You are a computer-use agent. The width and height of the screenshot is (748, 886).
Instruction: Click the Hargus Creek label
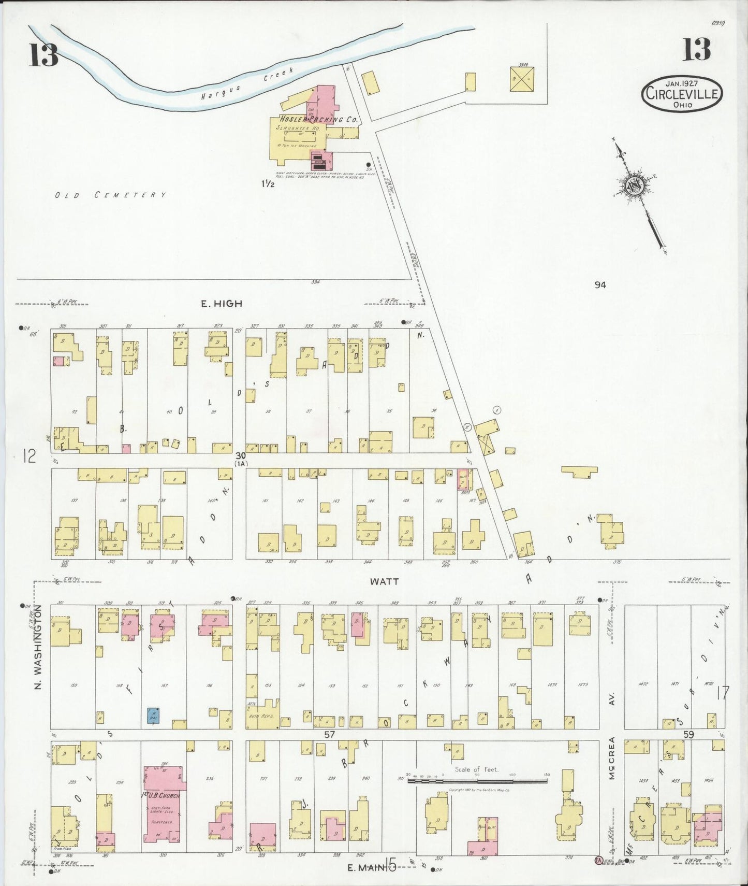(x=248, y=83)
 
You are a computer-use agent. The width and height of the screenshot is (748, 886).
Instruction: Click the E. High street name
(x=222, y=304)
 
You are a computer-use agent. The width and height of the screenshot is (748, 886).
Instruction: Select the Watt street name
(x=385, y=581)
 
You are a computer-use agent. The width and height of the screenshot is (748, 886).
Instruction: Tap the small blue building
(x=153, y=715)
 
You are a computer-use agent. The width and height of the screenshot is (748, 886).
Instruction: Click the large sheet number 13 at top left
(x=43, y=54)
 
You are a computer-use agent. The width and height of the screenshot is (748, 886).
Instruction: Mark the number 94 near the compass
(x=600, y=284)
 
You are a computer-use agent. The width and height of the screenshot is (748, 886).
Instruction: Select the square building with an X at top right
(x=522, y=79)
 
